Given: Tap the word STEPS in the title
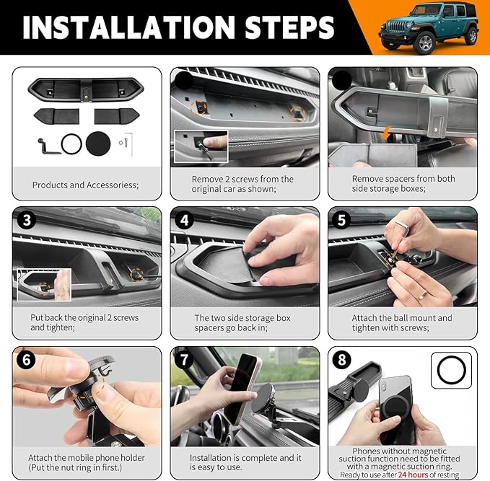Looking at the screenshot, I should (x=285, y=27).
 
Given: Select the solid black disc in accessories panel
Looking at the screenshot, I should (x=98, y=144).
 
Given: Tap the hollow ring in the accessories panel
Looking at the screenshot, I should (x=71, y=144).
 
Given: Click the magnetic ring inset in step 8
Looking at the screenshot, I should (x=452, y=371).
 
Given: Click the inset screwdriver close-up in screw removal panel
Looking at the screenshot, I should (x=201, y=146).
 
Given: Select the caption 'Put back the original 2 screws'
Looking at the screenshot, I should (x=84, y=318).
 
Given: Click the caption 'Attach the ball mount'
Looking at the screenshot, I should (x=402, y=318).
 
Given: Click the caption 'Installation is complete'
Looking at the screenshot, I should (x=245, y=458).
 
